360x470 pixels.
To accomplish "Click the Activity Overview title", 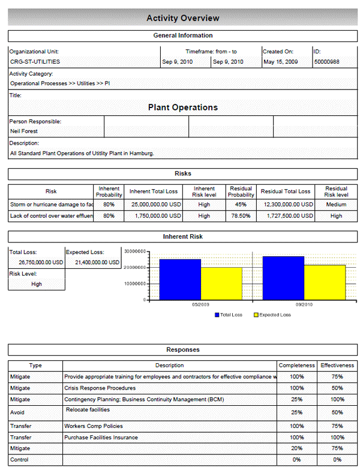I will [183, 18].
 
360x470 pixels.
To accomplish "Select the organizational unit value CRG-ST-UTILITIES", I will [35, 62].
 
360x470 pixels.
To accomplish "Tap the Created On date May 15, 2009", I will [280, 62].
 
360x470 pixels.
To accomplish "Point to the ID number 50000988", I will [327, 62].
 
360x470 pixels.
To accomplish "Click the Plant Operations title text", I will [183, 107].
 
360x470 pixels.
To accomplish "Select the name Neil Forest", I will [24, 130].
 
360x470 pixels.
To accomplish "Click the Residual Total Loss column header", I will [286, 191].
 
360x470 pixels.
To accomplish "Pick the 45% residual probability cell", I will [241, 205].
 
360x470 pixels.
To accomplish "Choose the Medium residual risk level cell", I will [336, 205].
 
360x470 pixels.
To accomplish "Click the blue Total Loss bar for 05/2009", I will [180, 279].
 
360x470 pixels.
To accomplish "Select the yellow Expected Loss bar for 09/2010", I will [325, 282].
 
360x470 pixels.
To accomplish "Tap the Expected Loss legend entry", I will [274, 315].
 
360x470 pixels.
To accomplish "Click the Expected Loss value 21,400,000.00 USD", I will [94, 262].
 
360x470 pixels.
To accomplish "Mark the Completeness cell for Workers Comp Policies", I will [297, 426].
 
